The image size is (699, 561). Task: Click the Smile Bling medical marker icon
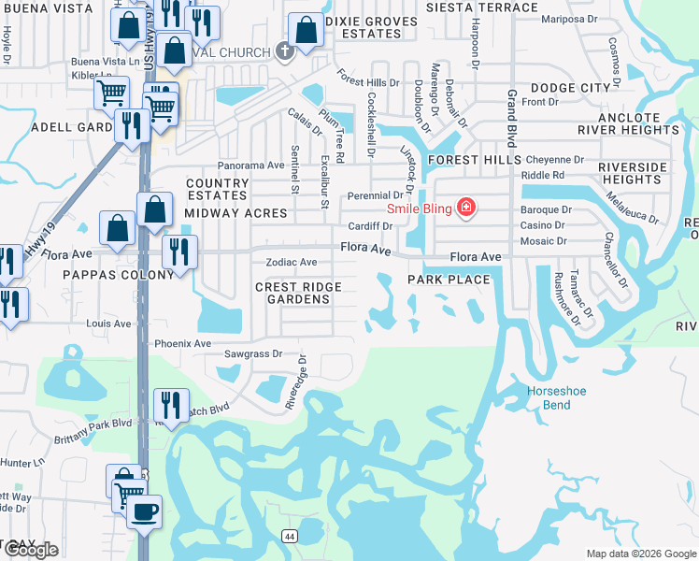click(464, 207)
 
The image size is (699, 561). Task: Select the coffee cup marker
click(144, 512)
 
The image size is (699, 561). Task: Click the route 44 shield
click(291, 535)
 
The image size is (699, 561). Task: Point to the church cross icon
click(285, 50)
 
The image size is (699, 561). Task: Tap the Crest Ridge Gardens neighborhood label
click(298, 293)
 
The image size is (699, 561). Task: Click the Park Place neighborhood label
click(449, 280)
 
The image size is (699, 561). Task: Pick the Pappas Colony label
click(118, 275)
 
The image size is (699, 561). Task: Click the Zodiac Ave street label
click(291, 263)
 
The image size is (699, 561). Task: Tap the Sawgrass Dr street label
click(252, 354)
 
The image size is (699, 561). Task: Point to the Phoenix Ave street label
click(182, 343)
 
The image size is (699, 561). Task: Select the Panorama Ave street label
click(250, 165)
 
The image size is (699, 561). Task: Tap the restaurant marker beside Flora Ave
click(176, 252)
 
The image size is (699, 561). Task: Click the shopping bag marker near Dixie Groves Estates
click(306, 30)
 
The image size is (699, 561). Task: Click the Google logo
click(30, 550)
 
